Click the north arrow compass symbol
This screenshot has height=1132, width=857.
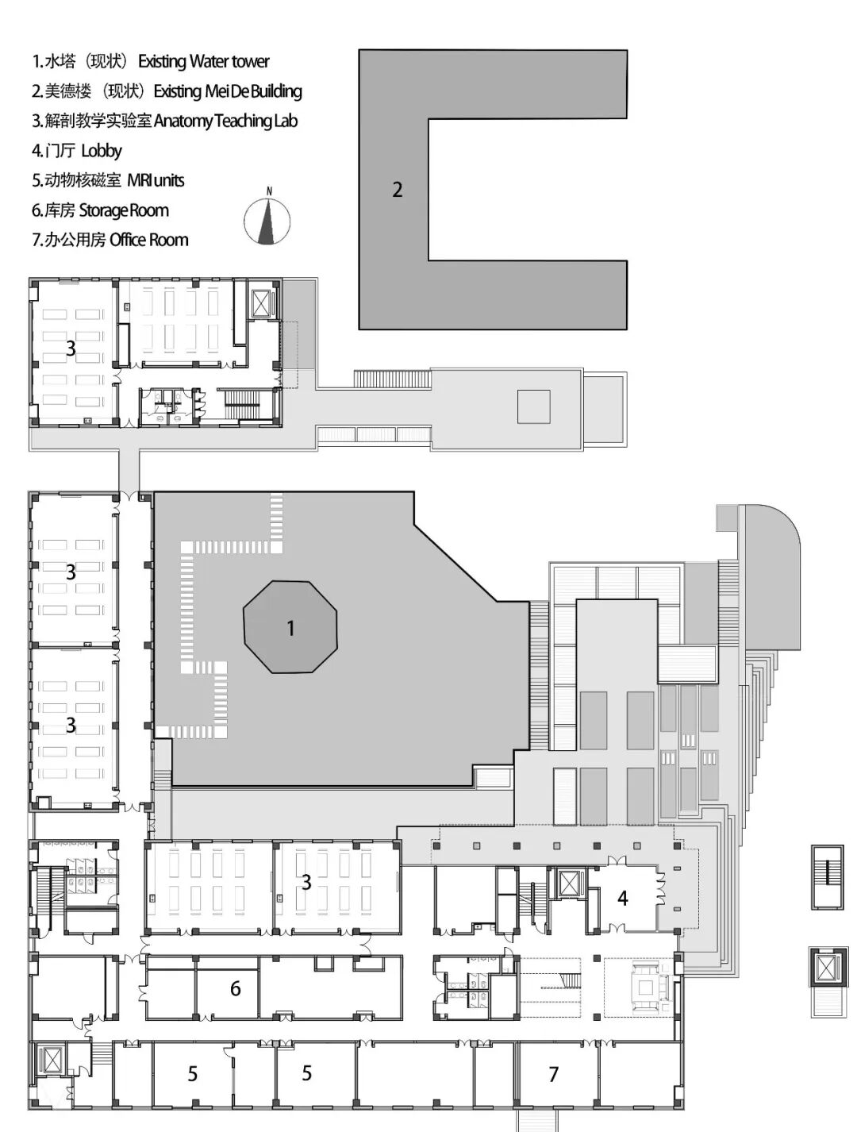pyautogui.click(x=267, y=221)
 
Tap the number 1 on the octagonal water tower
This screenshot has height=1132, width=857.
pyautogui.click(x=290, y=628)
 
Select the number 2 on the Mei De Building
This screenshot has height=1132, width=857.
pyautogui.click(x=397, y=190)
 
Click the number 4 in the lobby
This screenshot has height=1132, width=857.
pyautogui.click(x=623, y=899)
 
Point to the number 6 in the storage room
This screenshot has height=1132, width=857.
pyautogui.click(x=235, y=988)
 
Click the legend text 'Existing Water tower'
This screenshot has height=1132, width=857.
pyautogui.click(x=204, y=61)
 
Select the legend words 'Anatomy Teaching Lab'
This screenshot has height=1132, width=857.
pyautogui.click(x=225, y=121)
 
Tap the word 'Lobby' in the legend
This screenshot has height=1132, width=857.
pyautogui.click(x=102, y=151)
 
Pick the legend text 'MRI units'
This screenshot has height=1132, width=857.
pyautogui.click(x=156, y=180)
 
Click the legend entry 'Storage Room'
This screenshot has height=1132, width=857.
pyautogui.click(x=124, y=210)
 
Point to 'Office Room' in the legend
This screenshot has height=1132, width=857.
pyautogui.click(x=149, y=240)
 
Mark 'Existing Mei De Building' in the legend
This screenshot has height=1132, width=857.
pyautogui.click(x=228, y=91)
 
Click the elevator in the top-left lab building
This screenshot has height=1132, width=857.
pyautogui.click(x=260, y=302)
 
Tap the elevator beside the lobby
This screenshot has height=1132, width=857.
pyautogui.click(x=567, y=884)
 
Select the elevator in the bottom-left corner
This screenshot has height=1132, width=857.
pyautogui.click(x=52, y=1061)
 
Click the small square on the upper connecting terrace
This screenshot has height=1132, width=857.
pyautogui.click(x=533, y=406)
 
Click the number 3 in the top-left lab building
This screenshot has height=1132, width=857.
pyautogui.click(x=71, y=348)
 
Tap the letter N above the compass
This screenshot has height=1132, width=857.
pyautogui.click(x=269, y=191)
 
